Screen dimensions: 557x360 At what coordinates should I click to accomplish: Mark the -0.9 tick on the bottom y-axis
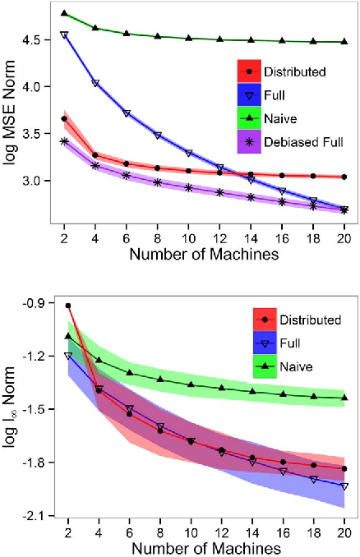pos(35,304)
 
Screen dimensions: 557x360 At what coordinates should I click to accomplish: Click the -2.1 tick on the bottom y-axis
pos(35,516)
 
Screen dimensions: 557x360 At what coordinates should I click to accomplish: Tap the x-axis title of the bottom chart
pos(203,547)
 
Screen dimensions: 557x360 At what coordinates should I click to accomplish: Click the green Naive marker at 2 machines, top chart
pos(64,14)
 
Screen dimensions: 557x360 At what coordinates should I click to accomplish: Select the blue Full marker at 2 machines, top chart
pos(64,35)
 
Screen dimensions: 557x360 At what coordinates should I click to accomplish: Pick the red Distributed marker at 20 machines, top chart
pos(344,177)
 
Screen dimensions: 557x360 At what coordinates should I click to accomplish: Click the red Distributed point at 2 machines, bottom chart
pos(67,306)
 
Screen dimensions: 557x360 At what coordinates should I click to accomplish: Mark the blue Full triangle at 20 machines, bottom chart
pos(344,486)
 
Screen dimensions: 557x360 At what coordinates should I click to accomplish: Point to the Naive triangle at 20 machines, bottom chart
pos(344,398)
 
